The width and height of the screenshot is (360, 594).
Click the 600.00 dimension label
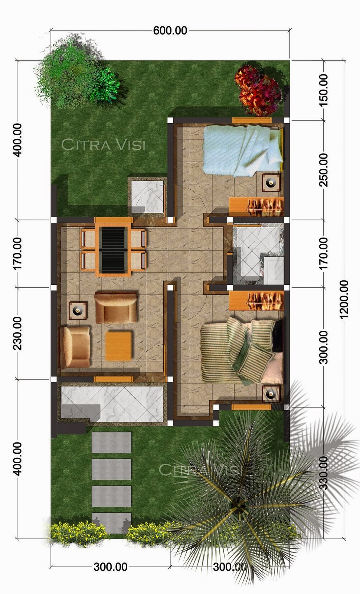pyautogui.click(x=170, y=30)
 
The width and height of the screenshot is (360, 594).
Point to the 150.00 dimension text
pyautogui.click(x=323, y=90)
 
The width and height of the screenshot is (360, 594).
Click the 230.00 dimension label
pyautogui.click(x=17, y=333)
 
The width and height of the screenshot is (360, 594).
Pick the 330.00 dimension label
pyautogui.click(x=323, y=473)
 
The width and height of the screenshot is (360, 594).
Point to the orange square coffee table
pyautogui.click(x=118, y=346)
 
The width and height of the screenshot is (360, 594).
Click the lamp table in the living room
pyautogui.click(x=78, y=310)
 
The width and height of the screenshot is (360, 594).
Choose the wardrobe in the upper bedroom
pyautogui.click(x=256, y=206)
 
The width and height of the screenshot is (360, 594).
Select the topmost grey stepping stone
pyautogui.click(x=111, y=442)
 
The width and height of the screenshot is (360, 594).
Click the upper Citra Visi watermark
pyautogui.click(x=104, y=144)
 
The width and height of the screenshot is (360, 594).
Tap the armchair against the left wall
pyautogui.click(x=75, y=347)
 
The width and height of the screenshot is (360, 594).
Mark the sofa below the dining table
pyautogui.click(x=116, y=307)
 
